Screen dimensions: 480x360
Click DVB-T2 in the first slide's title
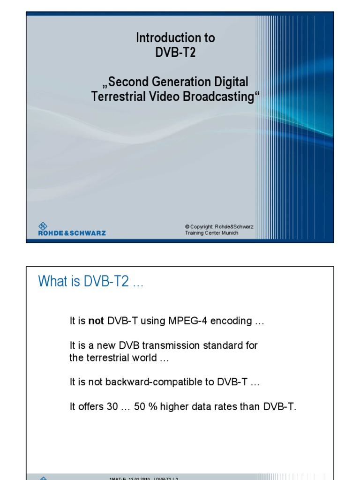175,52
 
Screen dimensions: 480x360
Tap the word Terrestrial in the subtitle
113,97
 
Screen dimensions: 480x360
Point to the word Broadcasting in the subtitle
222,97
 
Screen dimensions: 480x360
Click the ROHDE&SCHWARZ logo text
72,233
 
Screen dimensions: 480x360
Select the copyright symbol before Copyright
187,227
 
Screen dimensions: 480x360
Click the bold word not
97,321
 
